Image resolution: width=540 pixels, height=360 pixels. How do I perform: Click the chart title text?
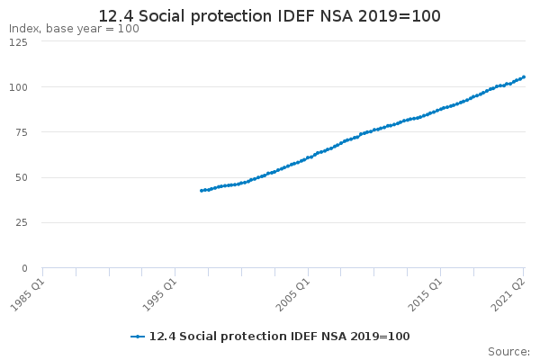point(270,16)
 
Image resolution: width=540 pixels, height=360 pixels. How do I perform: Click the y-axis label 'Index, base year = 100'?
point(74,29)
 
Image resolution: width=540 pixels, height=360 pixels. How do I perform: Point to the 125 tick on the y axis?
point(19,42)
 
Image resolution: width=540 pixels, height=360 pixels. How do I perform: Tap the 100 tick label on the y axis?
point(19,87)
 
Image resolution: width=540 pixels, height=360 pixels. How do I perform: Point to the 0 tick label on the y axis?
point(24,268)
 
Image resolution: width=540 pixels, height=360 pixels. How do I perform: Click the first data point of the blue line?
point(201,191)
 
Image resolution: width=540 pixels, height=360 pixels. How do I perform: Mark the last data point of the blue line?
point(524,76)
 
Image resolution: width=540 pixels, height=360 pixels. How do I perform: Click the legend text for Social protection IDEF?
point(279,337)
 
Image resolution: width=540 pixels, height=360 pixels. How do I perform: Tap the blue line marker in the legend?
point(138,337)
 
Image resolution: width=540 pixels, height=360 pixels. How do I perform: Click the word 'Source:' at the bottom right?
point(508,352)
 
